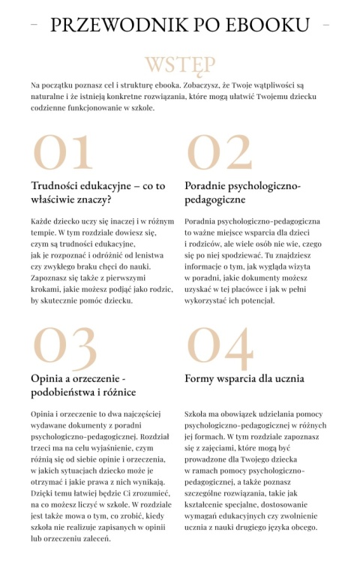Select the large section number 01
click(x=63, y=152)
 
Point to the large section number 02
click(x=219, y=152)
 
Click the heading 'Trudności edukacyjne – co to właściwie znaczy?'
click(x=98, y=193)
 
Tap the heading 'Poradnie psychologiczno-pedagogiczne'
click(x=242, y=193)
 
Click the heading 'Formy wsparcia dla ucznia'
click(x=244, y=379)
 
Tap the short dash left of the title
click(x=34, y=25)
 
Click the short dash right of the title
click(x=325, y=25)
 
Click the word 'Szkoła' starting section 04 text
click(x=197, y=414)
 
